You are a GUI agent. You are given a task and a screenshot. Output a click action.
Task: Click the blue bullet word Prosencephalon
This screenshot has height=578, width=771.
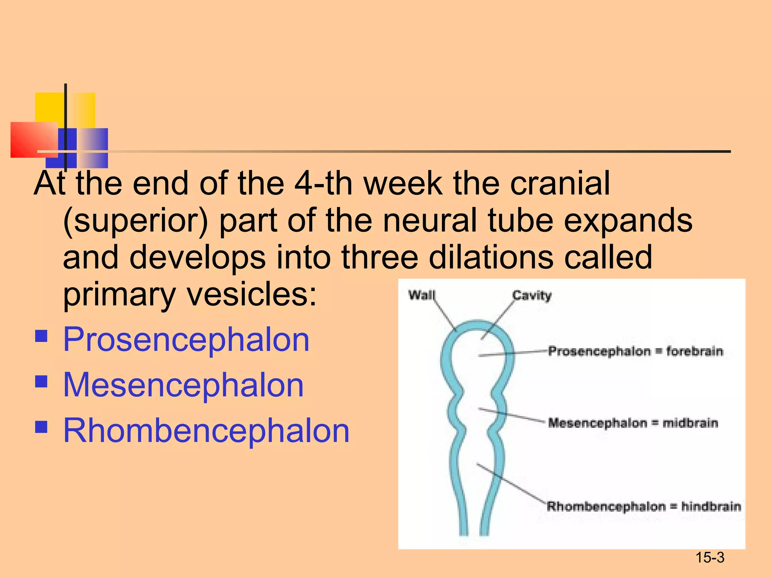pos(186,340)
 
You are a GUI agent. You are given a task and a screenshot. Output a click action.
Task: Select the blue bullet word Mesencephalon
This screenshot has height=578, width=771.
pos(183,385)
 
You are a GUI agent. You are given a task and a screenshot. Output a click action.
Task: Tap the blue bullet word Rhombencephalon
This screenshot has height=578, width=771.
pos(206,431)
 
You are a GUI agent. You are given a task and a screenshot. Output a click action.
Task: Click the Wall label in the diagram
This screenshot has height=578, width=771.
pos(422,295)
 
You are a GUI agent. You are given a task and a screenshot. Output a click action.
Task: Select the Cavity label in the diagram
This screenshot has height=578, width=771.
pos(532,295)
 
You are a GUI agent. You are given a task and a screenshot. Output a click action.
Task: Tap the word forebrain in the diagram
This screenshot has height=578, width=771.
pos(695,351)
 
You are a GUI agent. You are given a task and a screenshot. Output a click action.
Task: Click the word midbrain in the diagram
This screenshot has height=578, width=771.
pos(690,423)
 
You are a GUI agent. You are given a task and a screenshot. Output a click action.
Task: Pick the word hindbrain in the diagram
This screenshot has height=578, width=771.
pos(711,507)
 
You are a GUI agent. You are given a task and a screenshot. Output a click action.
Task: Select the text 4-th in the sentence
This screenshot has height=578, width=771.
pos(323,183)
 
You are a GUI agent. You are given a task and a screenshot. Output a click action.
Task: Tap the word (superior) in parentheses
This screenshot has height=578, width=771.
pos(136,222)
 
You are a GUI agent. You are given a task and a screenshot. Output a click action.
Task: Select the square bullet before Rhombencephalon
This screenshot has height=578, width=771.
pos(41,427)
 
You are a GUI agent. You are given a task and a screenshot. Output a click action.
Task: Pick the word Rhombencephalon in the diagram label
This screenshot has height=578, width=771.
pos(606,507)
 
